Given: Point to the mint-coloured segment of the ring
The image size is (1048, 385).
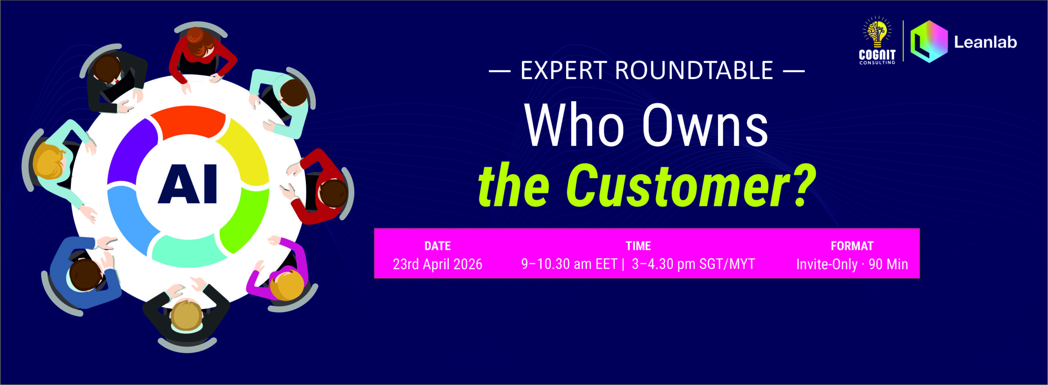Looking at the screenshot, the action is point(188,252).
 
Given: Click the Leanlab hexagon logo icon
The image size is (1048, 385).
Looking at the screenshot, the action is point(929,41).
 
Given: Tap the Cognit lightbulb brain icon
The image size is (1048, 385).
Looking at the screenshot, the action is point(877,32).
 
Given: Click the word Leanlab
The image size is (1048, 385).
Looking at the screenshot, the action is point(985,42).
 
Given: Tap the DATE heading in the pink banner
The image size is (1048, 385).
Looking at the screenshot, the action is point(438,246).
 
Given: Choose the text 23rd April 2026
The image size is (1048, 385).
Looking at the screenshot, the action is point(438,264).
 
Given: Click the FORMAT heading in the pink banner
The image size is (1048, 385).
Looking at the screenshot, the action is point(852,246).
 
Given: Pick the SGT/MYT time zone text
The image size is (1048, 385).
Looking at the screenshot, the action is point(727,264).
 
